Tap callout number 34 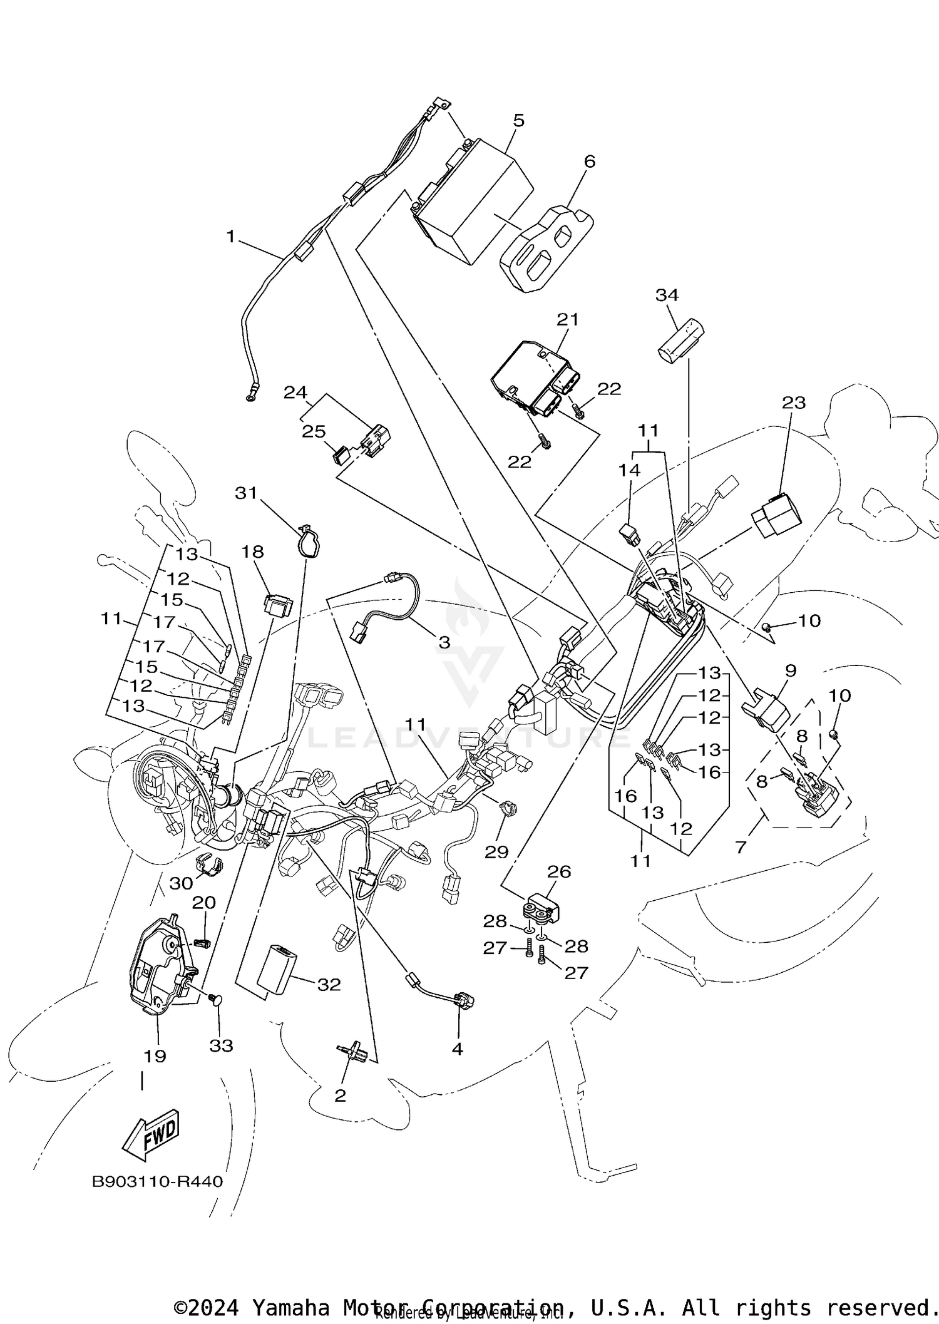click(x=667, y=294)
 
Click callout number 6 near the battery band click(x=589, y=162)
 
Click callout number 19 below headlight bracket click(x=155, y=1056)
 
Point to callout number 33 click(x=221, y=1045)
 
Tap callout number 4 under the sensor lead click(x=458, y=1049)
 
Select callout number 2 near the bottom click(x=340, y=1096)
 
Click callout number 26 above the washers click(x=559, y=871)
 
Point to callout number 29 click(x=497, y=852)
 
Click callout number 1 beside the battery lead click(x=230, y=237)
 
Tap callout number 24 click(x=295, y=393)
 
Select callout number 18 click(x=253, y=552)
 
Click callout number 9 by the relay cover click(x=790, y=670)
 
